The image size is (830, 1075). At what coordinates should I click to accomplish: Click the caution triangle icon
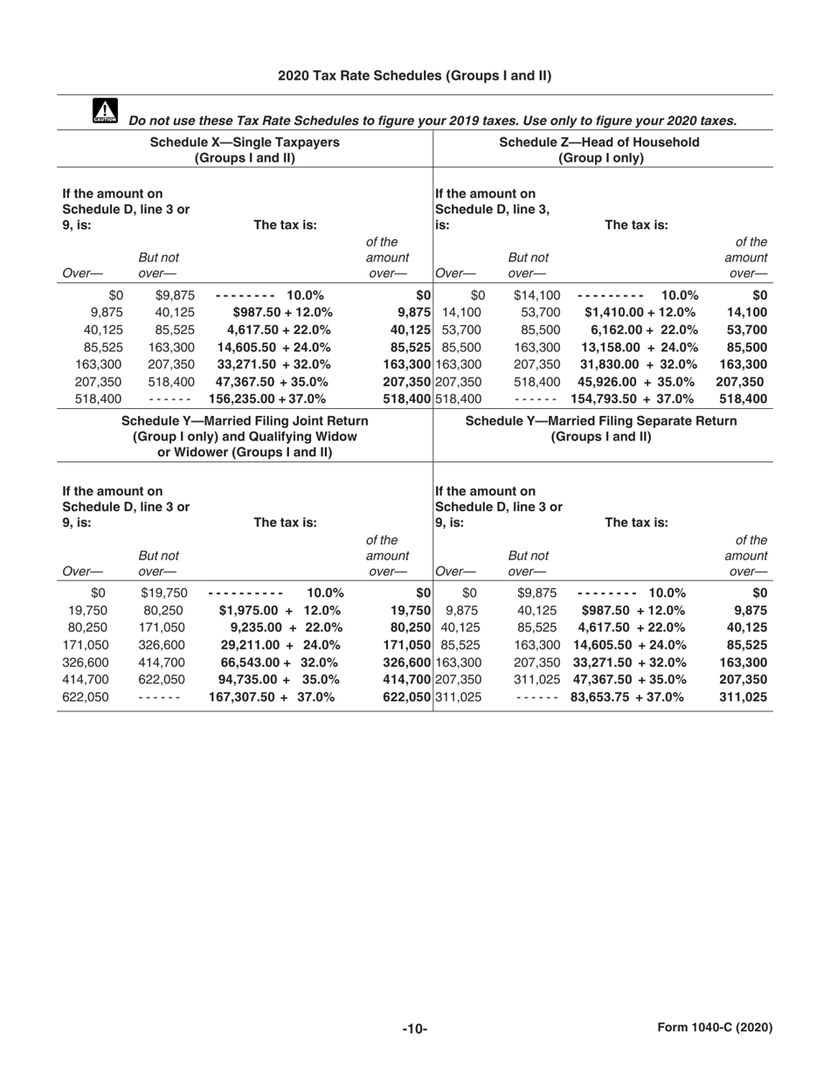[103, 111]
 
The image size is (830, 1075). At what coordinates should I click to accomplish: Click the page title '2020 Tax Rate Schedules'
[414, 76]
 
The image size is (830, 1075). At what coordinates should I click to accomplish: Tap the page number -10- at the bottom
[414, 1029]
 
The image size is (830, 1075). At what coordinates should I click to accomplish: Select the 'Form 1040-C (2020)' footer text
[715, 1028]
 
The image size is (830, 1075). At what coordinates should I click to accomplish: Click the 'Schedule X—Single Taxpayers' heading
[245, 142]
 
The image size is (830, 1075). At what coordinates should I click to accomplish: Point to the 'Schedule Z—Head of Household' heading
[599, 142]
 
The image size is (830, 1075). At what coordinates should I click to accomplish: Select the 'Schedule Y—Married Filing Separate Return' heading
[602, 421]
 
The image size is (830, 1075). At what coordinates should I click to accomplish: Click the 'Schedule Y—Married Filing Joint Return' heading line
[245, 421]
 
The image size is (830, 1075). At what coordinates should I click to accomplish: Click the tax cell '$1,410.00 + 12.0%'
[640, 312]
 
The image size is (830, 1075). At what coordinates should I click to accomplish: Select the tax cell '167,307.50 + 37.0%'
[272, 697]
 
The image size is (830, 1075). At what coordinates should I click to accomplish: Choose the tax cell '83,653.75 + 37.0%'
[626, 697]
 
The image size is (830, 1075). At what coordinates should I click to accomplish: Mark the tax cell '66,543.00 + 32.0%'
[275, 662]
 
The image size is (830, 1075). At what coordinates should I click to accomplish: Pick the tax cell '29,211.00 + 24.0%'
[275, 644]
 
